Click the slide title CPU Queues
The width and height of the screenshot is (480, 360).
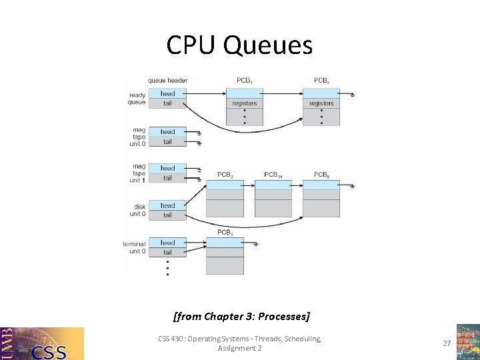click(x=239, y=45)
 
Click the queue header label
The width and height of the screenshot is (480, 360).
click(x=167, y=81)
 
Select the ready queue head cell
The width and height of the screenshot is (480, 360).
click(x=167, y=93)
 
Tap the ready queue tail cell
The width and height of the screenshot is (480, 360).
click(x=167, y=103)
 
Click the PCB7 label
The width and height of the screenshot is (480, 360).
click(x=245, y=81)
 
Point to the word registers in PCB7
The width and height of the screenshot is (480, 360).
click(x=245, y=103)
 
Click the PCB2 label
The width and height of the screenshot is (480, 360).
click(x=321, y=81)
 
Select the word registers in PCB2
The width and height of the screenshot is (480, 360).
click(x=321, y=103)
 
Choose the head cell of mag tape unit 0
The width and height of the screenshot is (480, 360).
click(x=167, y=132)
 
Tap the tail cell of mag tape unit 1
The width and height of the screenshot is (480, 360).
click(x=167, y=178)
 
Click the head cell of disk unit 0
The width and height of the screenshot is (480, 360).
click(x=167, y=205)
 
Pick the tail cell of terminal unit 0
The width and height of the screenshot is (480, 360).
click(x=167, y=252)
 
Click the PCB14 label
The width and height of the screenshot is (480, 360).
click(x=273, y=175)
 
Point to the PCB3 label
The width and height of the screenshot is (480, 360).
click(x=225, y=175)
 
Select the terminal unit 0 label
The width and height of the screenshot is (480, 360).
click(x=134, y=247)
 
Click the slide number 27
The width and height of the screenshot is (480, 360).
click(x=446, y=343)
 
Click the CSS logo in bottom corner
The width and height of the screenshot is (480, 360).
click(x=42, y=343)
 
